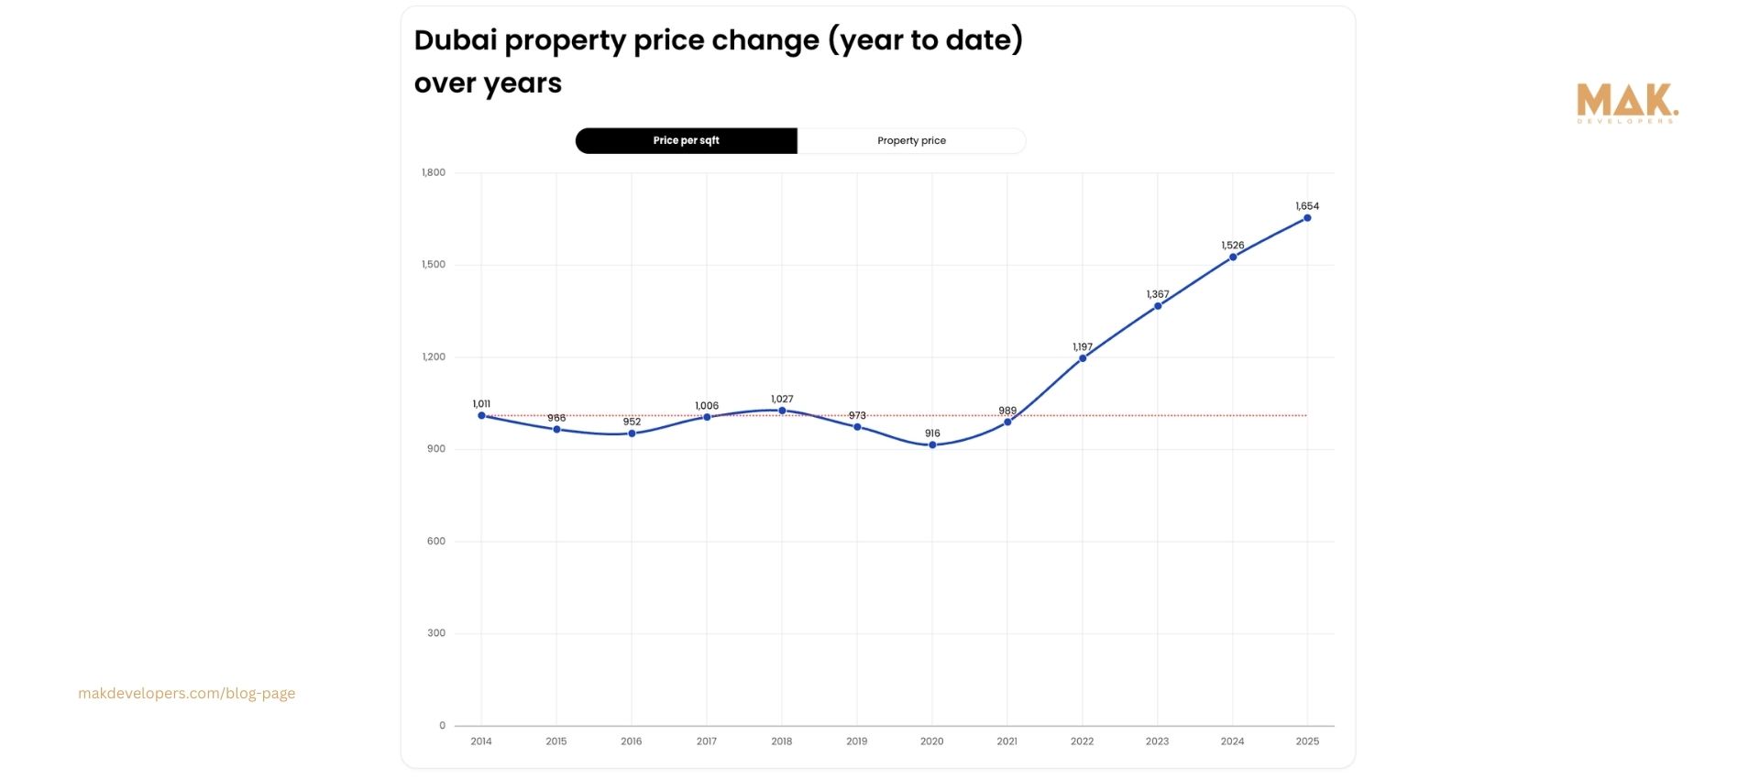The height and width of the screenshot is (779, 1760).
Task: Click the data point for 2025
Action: click(x=1307, y=218)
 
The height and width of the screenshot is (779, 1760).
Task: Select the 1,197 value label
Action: click(x=1083, y=347)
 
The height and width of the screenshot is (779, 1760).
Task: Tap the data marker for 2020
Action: click(x=932, y=445)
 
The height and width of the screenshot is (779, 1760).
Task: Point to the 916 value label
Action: click(x=932, y=433)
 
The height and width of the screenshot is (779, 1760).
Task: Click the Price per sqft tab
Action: click(x=686, y=141)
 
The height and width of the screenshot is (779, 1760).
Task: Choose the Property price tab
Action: click(x=911, y=141)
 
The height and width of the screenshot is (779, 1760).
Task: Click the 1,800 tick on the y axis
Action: click(x=434, y=172)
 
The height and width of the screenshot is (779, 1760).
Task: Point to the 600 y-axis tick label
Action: click(x=435, y=542)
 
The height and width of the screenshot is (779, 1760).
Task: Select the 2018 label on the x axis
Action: click(x=781, y=741)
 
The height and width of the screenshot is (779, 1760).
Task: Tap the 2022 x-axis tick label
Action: click(x=1082, y=741)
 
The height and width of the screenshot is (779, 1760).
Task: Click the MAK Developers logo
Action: click(x=1627, y=104)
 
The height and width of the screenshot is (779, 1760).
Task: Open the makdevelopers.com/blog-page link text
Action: click(x=187, y=694)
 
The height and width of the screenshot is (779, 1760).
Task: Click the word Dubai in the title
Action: click(x=455, y=40)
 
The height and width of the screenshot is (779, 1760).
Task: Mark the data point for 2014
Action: click(x=481, y=415)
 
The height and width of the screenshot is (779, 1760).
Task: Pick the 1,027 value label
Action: click(x=782, y=400)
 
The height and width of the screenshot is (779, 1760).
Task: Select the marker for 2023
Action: click(x=1158, y=306)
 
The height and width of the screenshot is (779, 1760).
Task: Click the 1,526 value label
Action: click(x=1233, y=246)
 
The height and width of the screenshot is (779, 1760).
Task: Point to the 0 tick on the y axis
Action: click(x=442, y=726)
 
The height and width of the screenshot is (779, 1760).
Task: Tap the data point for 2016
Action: click(x=632, y=433)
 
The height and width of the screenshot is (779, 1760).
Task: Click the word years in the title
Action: click(x=522, y=84)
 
